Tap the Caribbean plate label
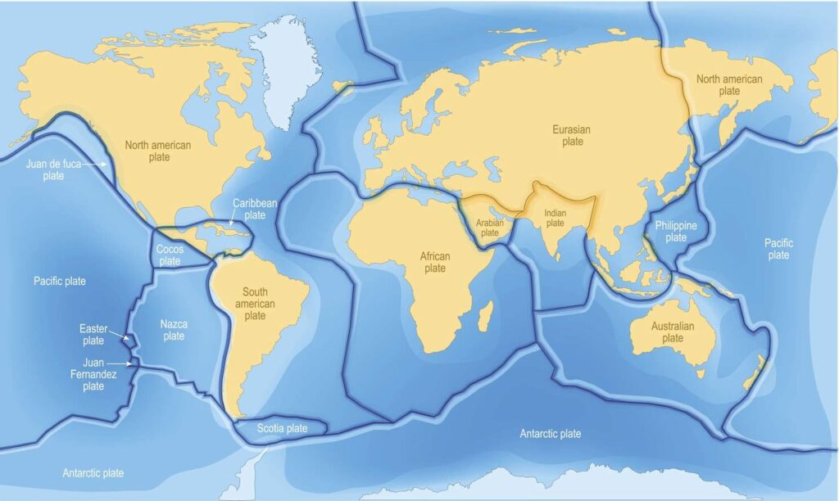pos(249,208)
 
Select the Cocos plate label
pos(170,255)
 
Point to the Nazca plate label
pos(174,330)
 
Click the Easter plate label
pos(93,334)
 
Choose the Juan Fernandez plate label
pos(93,374)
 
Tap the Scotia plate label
pos(282,428)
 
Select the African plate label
pos(434,262)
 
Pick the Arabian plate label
pos(489,227)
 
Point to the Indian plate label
pos(556,217)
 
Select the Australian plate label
pos(672,332)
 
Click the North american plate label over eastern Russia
pos(728,85)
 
